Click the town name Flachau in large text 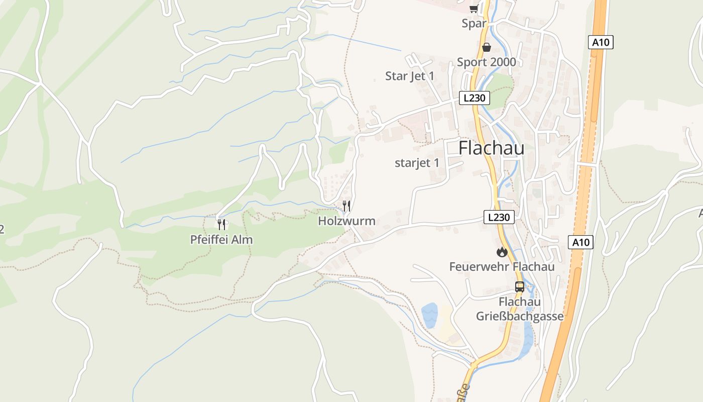491,148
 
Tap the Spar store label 474,24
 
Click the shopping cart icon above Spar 474,9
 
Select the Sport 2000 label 486,62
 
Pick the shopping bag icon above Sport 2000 486,47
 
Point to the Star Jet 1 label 410,76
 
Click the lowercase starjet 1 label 417,163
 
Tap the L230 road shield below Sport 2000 474,98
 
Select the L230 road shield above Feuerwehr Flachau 499,217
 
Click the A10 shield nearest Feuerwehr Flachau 581,242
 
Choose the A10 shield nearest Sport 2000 601,42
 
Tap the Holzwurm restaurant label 346,221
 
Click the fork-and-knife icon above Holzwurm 346,206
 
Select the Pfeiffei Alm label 221,240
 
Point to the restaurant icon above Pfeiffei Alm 221,224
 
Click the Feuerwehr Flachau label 502,266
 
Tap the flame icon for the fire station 502,252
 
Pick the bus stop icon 520,287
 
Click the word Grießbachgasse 520,317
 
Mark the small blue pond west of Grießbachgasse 429,315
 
